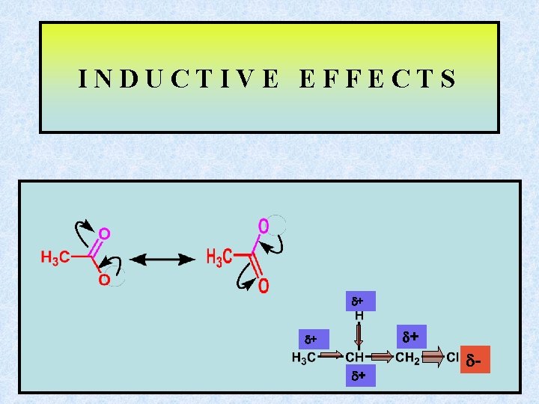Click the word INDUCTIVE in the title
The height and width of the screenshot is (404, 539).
coord(179,79)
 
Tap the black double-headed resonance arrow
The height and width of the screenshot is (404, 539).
coord(162,260)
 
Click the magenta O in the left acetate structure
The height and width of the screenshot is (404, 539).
coord(105,234)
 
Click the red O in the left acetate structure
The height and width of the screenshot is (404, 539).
coord(105,280)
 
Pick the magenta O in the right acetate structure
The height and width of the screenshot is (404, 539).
coord(264,225)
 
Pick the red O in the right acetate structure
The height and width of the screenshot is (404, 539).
coord(264,286)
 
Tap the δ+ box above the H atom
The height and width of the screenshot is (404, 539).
coord(359,302)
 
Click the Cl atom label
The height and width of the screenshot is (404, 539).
coord(452,358)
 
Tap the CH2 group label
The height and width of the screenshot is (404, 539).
coord(408,358)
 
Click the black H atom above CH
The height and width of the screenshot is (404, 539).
coord(359,316)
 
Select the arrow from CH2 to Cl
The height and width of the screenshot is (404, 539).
coord(433,358)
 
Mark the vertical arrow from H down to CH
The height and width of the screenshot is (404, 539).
coord(359,334)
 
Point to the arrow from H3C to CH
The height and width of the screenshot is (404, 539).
coord(332,358)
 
